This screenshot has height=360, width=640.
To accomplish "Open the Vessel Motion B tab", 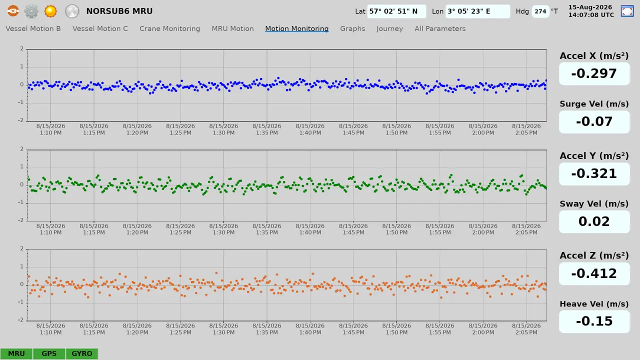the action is click(x=33, y=28).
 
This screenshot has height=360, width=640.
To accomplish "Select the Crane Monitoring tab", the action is click(x=169, y=28).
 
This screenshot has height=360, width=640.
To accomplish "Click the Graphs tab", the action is click(x=352, y=28).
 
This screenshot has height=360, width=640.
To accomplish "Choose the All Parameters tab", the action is click(x=440, y=28).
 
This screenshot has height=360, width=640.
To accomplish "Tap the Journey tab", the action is click(x=389, y=28).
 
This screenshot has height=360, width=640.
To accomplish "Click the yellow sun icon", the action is click(x=50, y=11).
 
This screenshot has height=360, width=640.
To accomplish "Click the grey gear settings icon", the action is click(x=31, y=11).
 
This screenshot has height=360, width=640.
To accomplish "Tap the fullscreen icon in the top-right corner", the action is click(x=627, y=11).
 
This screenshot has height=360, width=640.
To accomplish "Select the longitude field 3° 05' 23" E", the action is click(x=477, y=11).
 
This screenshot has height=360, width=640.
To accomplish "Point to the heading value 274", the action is click(x=540, y=11).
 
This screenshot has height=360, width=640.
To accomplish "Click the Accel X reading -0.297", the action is click(x=594, y=73).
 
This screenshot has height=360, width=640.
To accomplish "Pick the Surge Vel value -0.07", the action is click(x=594, y=121).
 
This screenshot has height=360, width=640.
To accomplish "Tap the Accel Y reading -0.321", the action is click(x=594, y=173).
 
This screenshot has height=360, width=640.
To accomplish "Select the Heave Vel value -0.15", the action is click(x=594, y=321).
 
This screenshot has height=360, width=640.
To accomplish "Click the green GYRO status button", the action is click(x=81, y=353).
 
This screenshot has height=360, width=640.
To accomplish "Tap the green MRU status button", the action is click(x=16, y=353).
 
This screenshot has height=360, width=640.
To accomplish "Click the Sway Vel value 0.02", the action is click(x=594, y=221).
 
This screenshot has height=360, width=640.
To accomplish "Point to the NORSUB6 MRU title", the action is click(x=119, y=11).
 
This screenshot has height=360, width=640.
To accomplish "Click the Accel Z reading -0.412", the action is click(x=594, y=273).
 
